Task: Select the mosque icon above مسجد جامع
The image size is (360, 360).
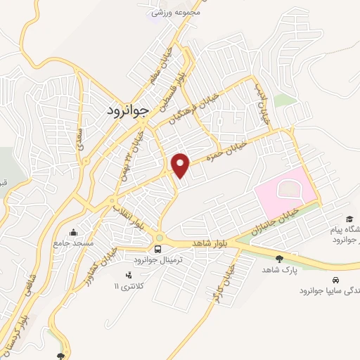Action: tap(73, 232)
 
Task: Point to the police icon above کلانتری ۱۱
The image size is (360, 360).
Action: tap(127, 275)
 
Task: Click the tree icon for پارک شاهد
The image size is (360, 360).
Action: tap(280, 259)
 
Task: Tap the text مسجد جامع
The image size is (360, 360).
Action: tap(74, 243)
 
